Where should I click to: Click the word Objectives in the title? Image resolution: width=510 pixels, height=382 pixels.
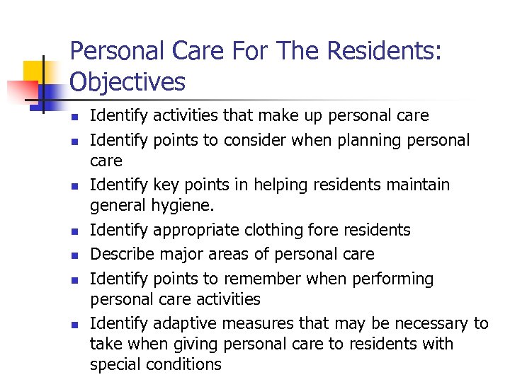pos(127,82)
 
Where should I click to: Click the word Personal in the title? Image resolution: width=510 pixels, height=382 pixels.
pos(115,51)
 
